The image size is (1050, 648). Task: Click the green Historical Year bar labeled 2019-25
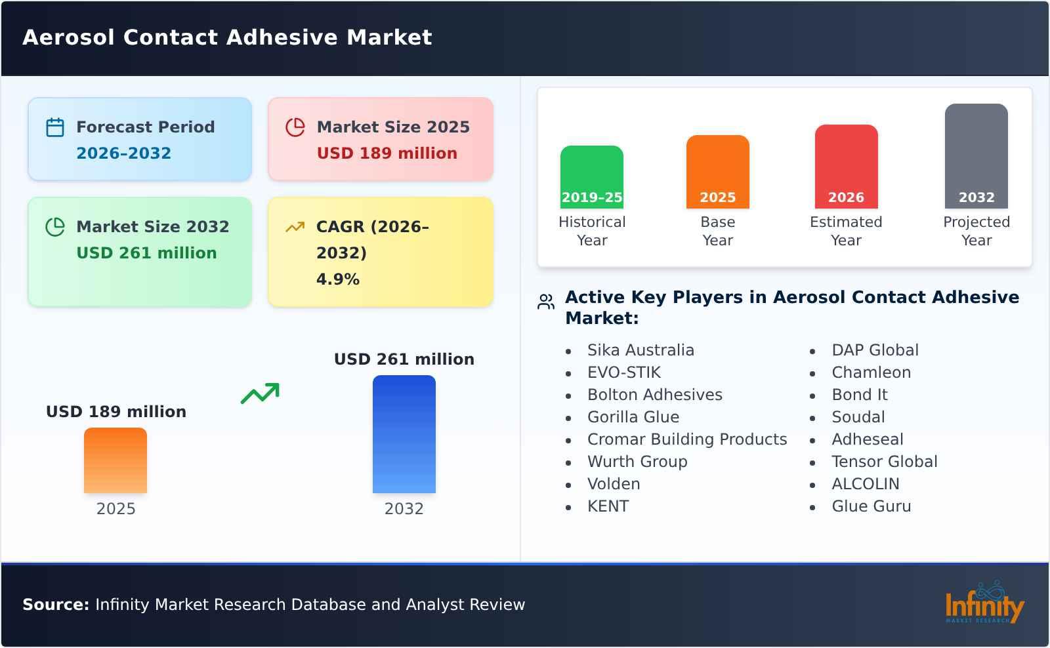point(591,176)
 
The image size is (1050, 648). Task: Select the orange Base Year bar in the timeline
point(717,171)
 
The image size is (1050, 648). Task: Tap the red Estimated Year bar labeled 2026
point(846,166)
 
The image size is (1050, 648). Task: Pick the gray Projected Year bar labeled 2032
point(976,155)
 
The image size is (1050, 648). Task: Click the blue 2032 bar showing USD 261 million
point(404,434)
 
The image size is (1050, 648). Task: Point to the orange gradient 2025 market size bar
point(115,460)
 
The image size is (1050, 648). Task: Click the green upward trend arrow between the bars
point(260,394)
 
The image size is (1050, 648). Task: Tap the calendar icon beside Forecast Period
point(55,127)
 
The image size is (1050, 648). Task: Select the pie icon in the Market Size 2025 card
point(295,127)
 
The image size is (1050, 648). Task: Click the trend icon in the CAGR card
point(295,227)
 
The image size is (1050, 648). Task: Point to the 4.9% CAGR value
point(337,279)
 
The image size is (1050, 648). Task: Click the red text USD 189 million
point(387,153)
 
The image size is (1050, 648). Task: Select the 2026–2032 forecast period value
point(123,153)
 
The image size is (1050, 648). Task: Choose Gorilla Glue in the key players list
point(633,417)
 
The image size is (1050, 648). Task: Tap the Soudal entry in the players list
point(858,417)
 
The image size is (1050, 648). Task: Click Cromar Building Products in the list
point(686,439)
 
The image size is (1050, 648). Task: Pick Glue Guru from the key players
point(871,506)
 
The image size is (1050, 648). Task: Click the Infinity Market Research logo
point(984,603)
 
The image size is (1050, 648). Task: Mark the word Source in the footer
point(55,605)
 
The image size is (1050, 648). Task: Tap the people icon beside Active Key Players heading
point(546,302)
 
